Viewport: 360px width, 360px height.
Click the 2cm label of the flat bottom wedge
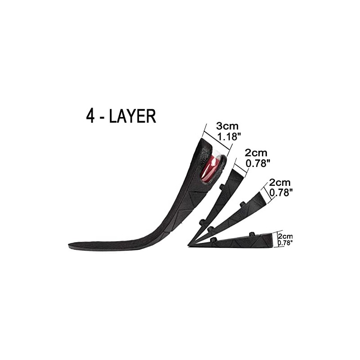285,236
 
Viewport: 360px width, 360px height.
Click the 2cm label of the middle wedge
279,183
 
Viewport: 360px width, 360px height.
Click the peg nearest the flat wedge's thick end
252,234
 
